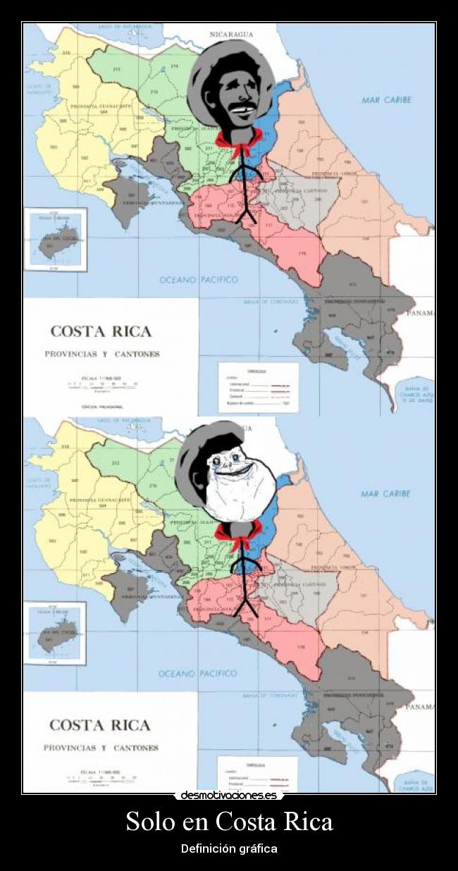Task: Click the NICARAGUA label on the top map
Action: (231, 33)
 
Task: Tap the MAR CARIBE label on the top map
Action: (386, 100)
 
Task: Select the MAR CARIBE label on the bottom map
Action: (385, 494)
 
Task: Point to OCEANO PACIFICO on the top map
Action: (199, 280)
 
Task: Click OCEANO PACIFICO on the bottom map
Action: (198, 674)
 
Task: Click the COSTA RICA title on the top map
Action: (101, 331)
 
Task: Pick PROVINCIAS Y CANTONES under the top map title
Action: (102, 354)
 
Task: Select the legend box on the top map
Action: (259, 387)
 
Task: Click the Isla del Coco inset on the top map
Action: (56, 239)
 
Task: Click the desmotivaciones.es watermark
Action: (229, 796)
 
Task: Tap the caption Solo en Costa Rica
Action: (229, 821)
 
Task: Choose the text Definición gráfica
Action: (229, 848)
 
